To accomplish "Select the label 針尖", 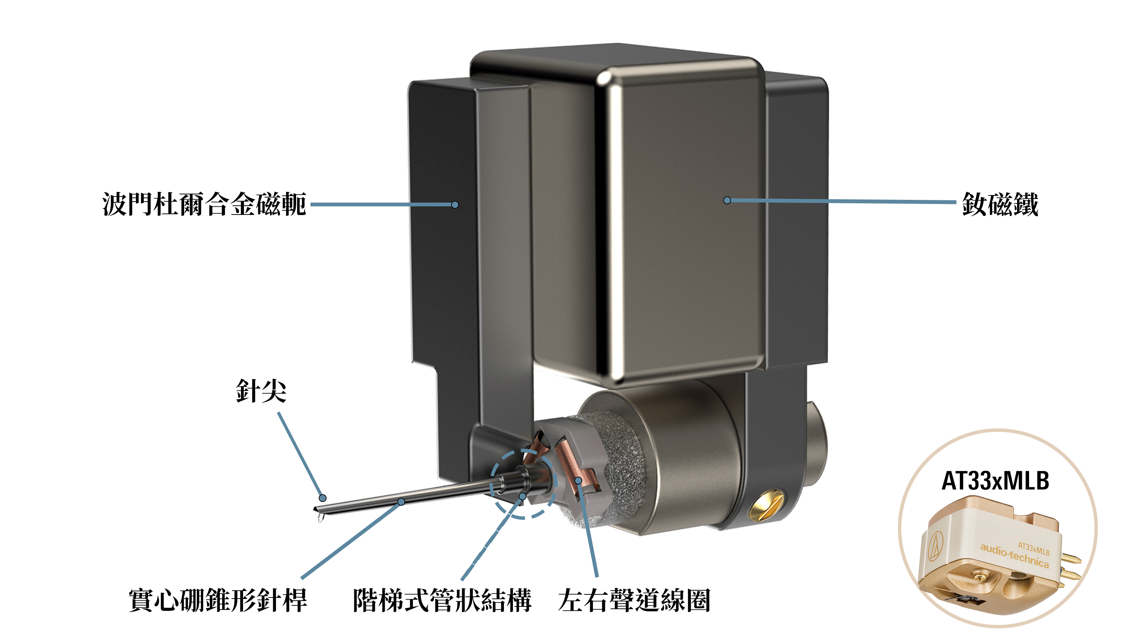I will [261, 390].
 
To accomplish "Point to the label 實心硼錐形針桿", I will [218, 600].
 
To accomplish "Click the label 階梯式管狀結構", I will [442, 600].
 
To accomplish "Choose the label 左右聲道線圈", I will [634, 600].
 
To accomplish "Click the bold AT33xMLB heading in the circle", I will [995, 481].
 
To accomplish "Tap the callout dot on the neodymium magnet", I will [727, 200].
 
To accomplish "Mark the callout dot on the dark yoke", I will [455, 205].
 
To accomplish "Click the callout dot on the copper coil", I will [579, 480].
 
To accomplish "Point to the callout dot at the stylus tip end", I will [323, 498].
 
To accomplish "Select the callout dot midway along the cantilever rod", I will [401, 502].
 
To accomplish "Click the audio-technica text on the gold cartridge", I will [1014, 556].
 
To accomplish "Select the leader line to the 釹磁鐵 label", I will [841, 202].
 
